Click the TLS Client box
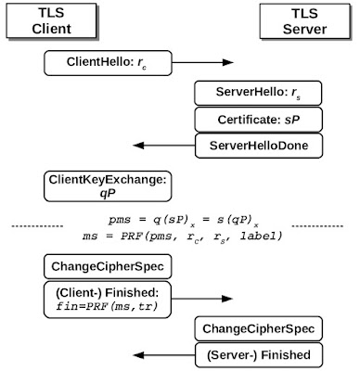51,20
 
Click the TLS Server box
304,21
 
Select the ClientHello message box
108,63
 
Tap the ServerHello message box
258,93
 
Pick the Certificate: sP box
258,120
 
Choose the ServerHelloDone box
259,146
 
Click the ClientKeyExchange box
108,186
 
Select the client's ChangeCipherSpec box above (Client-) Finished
108,266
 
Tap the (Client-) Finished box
108,300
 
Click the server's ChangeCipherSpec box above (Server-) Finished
258,328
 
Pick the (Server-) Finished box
259,355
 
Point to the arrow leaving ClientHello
202,62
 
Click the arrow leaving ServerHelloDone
164,146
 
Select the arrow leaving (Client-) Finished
202,299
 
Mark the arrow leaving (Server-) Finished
164,355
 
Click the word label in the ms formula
261,236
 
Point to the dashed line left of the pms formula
37,226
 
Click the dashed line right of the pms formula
317,226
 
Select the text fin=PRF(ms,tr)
107,306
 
